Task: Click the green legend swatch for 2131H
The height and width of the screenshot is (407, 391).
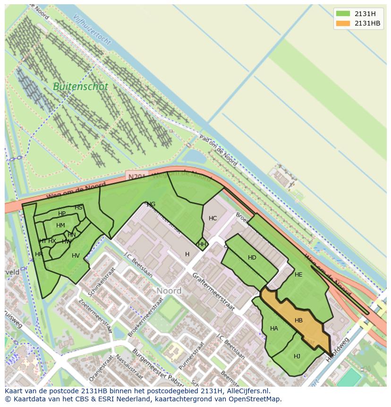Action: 343,13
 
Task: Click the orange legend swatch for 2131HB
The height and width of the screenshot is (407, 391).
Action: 343,23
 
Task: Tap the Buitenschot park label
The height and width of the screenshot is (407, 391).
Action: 80,87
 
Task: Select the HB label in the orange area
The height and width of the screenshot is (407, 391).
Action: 298,320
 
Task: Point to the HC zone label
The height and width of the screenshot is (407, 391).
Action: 212,218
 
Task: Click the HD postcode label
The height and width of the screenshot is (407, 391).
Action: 252,258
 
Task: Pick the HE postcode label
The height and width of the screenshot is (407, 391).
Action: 298,275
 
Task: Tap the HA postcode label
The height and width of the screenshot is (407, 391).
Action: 274,329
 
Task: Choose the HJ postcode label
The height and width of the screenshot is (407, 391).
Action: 297,356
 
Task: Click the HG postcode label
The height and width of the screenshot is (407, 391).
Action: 151,204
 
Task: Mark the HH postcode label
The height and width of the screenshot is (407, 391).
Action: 202,244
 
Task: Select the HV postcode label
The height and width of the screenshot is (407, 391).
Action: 76,256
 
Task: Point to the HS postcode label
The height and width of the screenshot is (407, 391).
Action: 78,208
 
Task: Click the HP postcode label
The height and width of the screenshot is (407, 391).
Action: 62,214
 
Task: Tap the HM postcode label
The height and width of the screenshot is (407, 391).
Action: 60,225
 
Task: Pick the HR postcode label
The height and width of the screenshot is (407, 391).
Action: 39,254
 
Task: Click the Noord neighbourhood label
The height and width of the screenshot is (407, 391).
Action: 169,291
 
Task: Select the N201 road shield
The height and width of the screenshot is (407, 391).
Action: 137,176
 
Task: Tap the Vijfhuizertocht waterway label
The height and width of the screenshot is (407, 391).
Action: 93,30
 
